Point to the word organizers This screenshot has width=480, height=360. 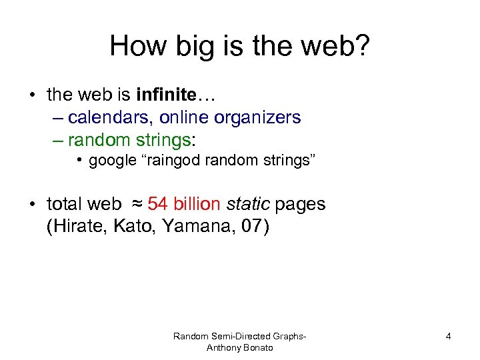(x=257, y=118)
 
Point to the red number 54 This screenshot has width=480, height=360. (x=157, y=204)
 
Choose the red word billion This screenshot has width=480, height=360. (x=198, y=204)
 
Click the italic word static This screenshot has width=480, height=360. (x=250, y=204)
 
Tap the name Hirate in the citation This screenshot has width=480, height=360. (x=75, y=227)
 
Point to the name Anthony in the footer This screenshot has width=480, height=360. (x=223, y=348)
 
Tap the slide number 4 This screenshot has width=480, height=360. (x=448, y=337)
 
